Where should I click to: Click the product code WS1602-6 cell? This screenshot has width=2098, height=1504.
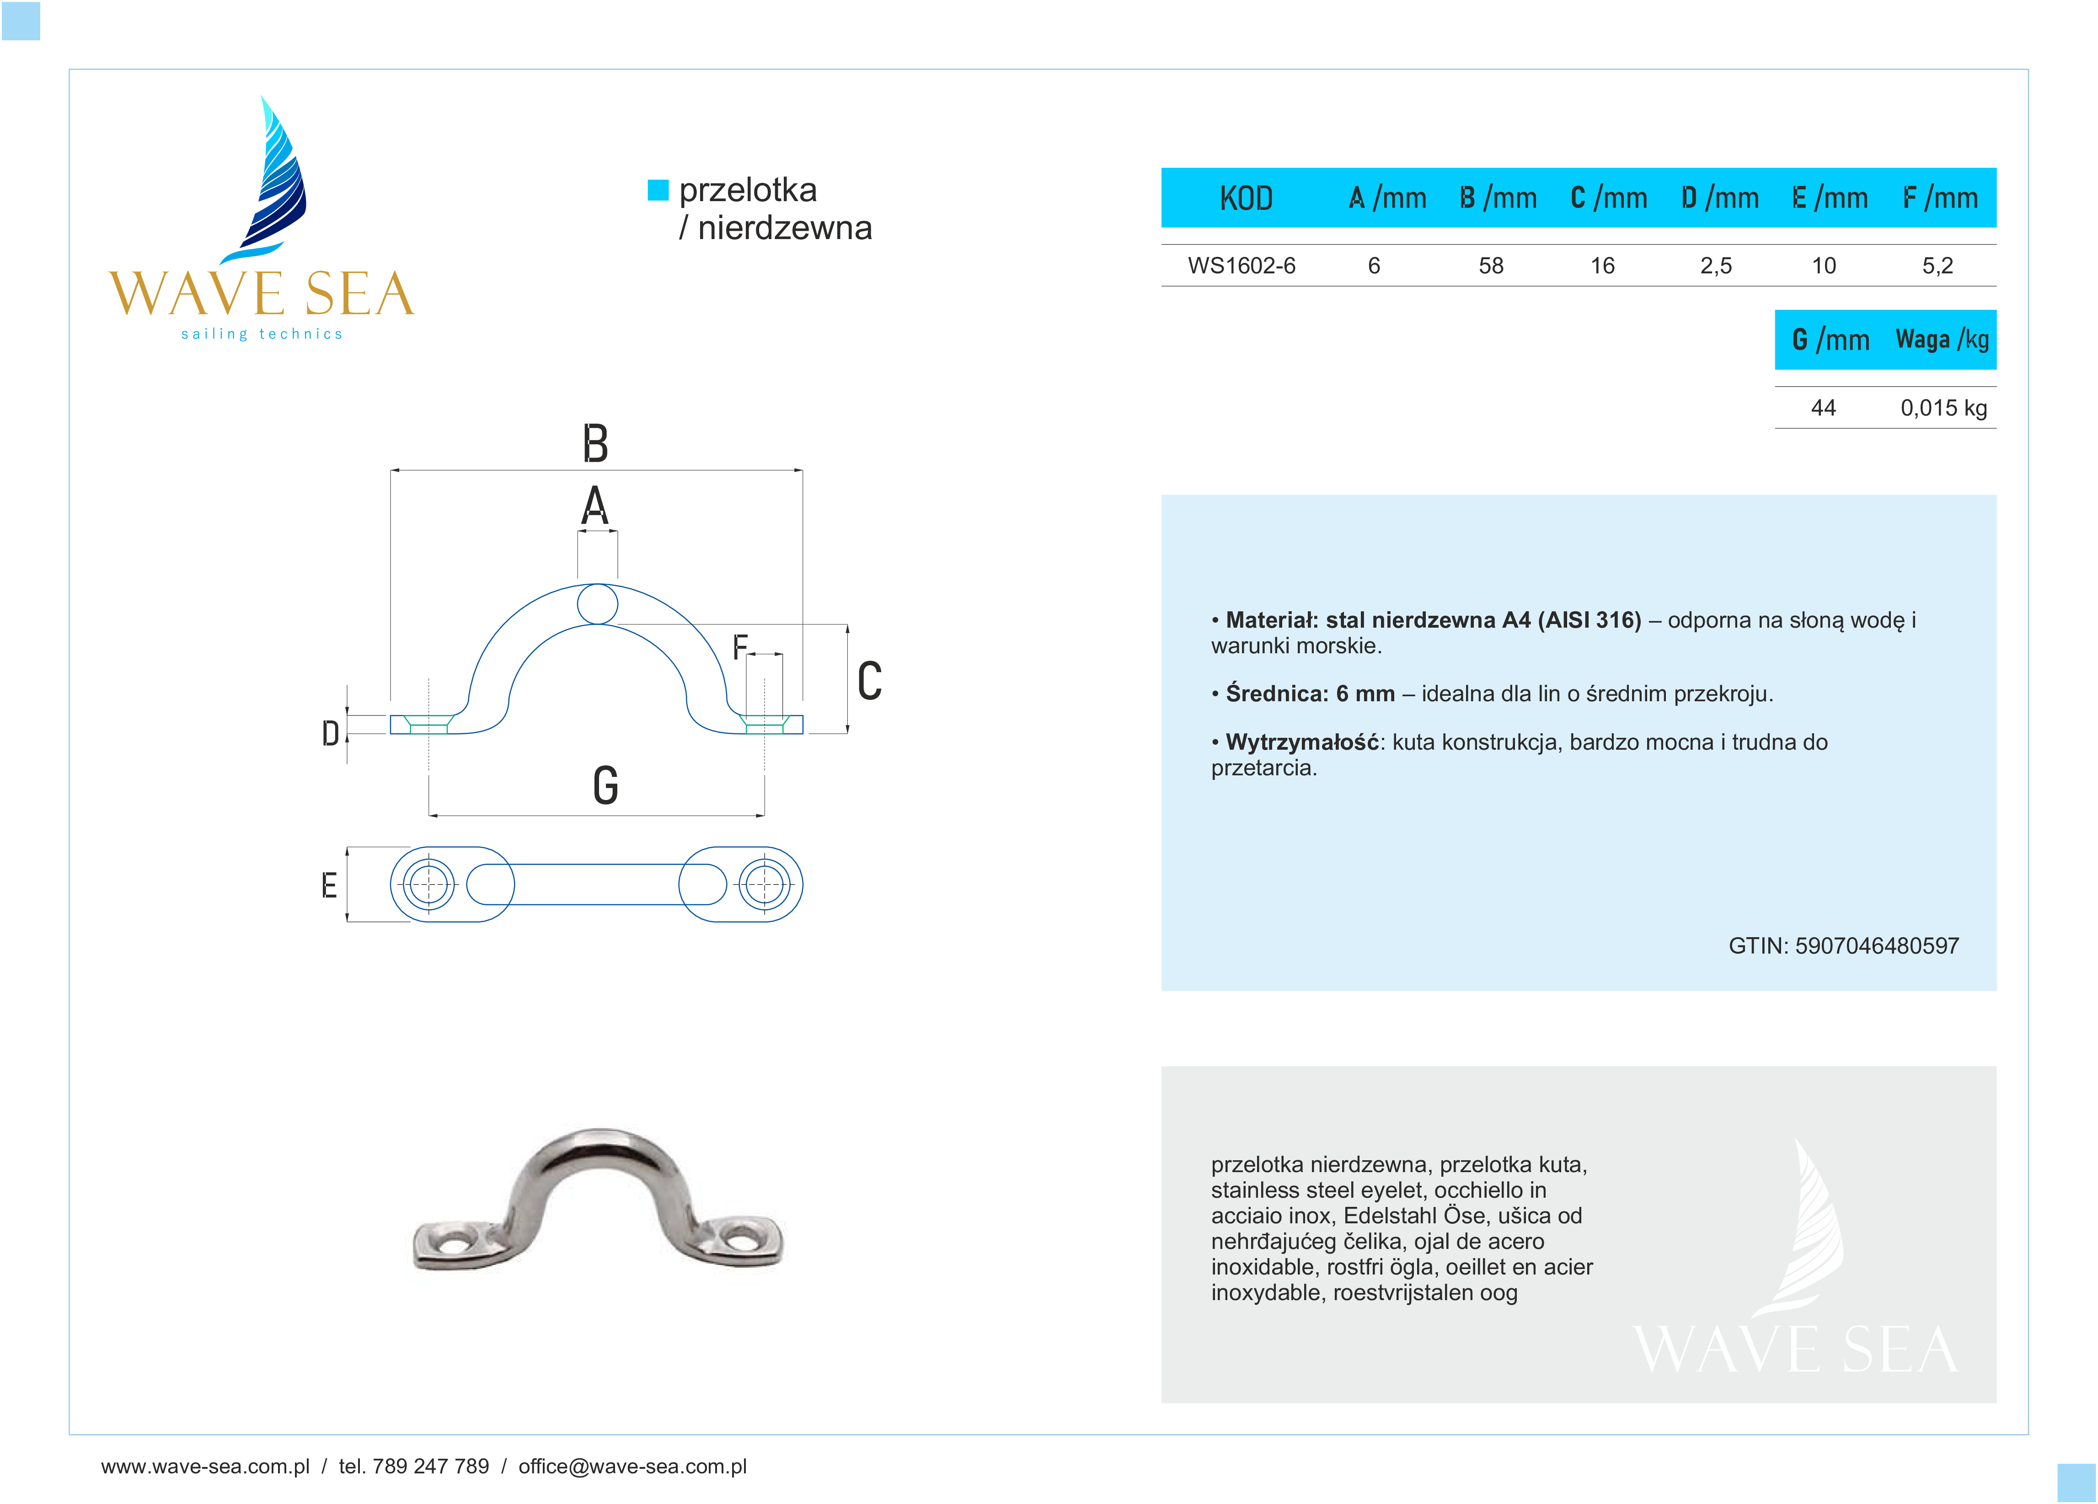1242,267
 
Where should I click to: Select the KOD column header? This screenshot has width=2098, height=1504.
1246,198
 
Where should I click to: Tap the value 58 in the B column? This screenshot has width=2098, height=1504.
1490,267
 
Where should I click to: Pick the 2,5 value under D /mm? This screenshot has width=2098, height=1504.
1715,267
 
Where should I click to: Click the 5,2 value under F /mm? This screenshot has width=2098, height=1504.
1937,267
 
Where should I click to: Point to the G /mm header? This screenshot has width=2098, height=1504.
1830,341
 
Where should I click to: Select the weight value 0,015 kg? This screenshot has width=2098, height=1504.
1943,408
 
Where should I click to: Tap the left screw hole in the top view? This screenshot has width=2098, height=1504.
428,884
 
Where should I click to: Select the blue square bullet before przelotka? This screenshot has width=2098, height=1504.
658,190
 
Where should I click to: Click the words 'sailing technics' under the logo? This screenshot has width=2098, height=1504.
262,334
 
